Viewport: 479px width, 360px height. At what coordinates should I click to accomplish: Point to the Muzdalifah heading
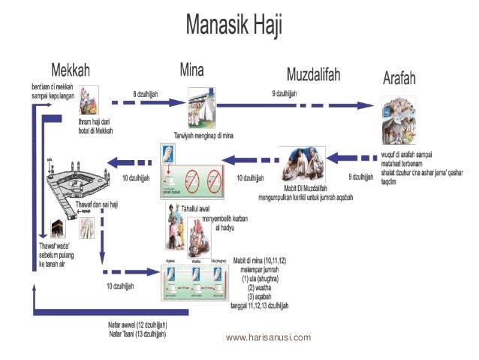313,74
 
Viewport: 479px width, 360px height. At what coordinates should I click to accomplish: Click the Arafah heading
411,77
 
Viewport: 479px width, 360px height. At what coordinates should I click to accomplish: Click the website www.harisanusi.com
268,337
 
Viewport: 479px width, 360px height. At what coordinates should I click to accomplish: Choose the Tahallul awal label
196,208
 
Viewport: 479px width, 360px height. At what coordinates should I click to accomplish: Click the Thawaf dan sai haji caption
99,204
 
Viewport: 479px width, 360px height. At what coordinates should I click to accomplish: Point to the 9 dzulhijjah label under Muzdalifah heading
285,92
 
